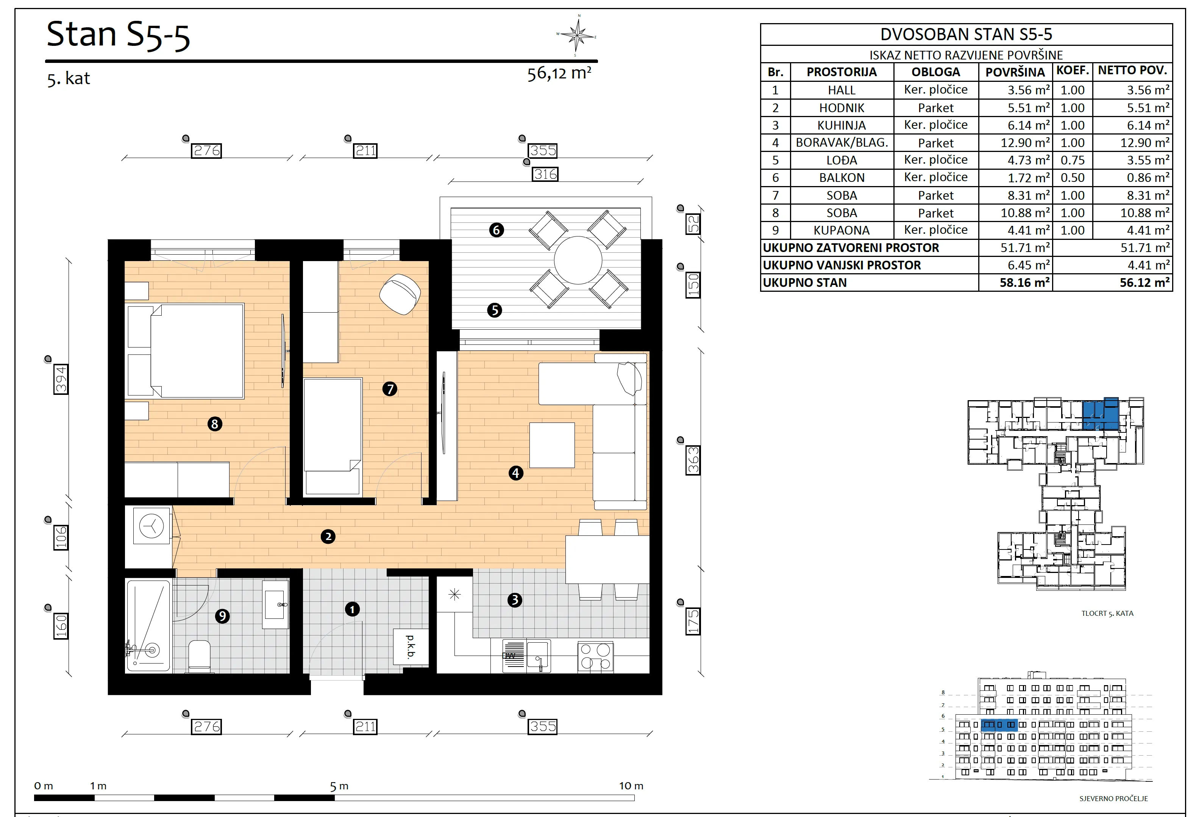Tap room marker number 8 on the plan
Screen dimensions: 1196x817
[x=215, y=424]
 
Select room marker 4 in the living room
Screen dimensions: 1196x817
[x=516, y=473]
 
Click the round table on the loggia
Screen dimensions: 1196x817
[x=578, y=260]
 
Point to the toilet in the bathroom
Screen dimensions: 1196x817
[x=199, y=656]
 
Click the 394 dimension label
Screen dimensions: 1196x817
[x=61, y=379]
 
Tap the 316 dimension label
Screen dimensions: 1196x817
[x=545, y=175]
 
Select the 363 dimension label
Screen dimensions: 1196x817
[x=693, y=460]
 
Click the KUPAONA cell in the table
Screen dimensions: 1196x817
[x=842, y=230]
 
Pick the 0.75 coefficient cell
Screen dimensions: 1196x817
[x=1073, y=160]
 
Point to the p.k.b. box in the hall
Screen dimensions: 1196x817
[x=411, y=646]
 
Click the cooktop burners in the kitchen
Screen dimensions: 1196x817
[x=595, y=656]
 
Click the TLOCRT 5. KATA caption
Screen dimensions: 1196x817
[x=1107, y=613]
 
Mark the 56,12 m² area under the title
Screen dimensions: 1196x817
[x=559, y=74]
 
